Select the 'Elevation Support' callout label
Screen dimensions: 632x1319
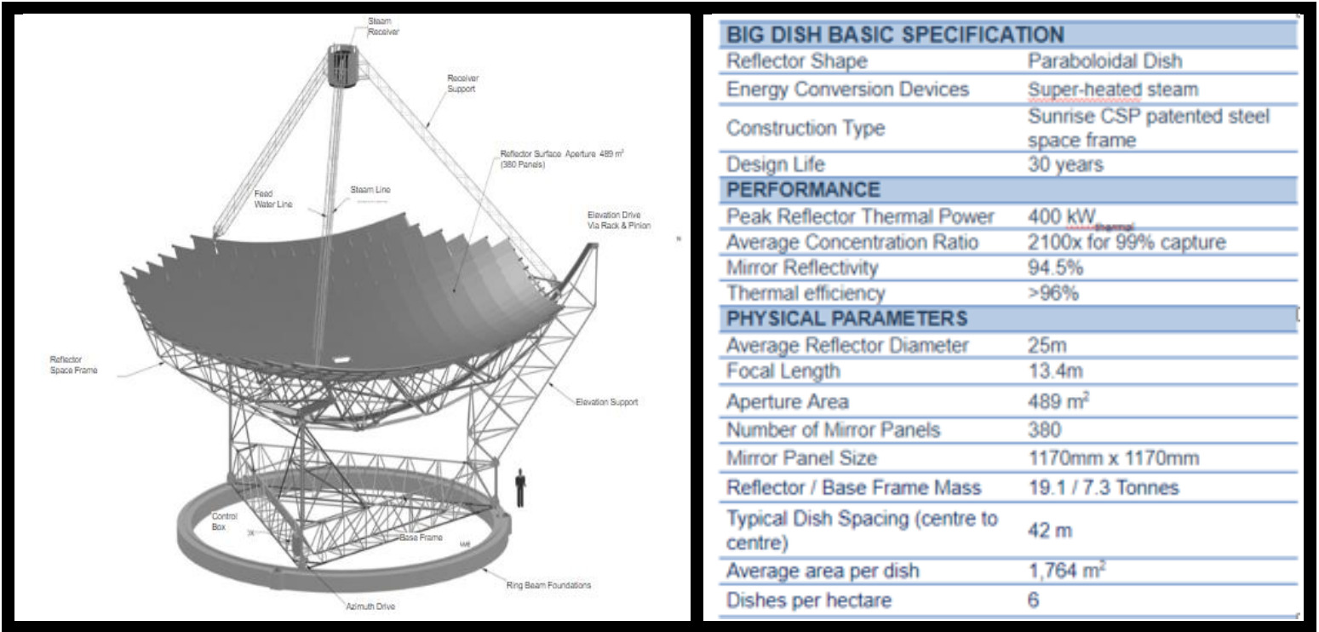[x=606, y=402]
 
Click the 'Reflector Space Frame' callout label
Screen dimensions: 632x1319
[x=74, y=365]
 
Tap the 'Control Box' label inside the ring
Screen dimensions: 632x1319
[x=224, y=521]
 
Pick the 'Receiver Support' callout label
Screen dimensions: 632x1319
[x=463, y=82]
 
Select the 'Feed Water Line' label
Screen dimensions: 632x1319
[x=273, y=198]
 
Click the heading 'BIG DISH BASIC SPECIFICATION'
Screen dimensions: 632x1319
[x=895, y=35]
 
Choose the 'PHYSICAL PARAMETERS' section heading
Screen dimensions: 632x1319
[x=846, y=319]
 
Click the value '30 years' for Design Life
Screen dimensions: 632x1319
[x=1065, y=164]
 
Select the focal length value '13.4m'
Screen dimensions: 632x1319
[x=1054, y=371]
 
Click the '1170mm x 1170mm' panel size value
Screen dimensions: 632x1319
[x=1113, y=458]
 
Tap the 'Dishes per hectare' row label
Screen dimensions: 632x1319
[x=808, y=600]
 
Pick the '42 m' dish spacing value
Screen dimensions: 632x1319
[x=1049, y=530]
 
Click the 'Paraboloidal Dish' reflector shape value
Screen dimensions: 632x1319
[x=1104, y=61]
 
